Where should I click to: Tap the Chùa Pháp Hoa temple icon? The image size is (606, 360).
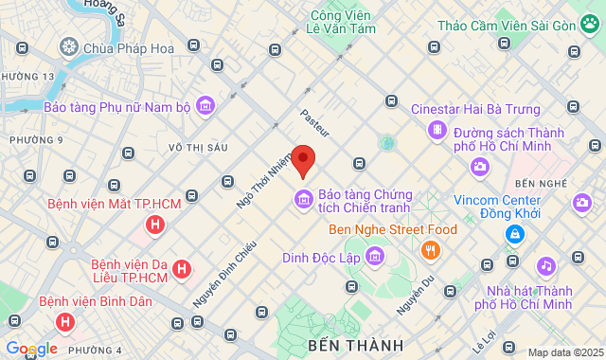(x=69, y=45)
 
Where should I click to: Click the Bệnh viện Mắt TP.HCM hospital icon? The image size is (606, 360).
(x=154, y=225)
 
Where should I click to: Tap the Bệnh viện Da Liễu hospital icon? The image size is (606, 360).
(x=182, y=269)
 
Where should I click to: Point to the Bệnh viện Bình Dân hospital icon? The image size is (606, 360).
(x=64, y=322)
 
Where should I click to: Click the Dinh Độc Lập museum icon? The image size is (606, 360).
(x=375, y=256)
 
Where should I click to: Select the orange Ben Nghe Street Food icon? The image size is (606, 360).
(x=431, y=250)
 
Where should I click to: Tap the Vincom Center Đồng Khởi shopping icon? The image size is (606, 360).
(x=514, y=234)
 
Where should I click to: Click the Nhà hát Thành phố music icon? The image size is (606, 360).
(x=545, y=266)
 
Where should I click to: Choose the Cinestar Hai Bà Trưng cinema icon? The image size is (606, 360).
(x=437, y=130)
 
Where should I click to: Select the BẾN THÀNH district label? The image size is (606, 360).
(x=354, y=344)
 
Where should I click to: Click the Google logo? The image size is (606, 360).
(x=31, y=349)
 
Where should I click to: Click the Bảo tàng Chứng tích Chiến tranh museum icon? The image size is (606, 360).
(x=304, y=198)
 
